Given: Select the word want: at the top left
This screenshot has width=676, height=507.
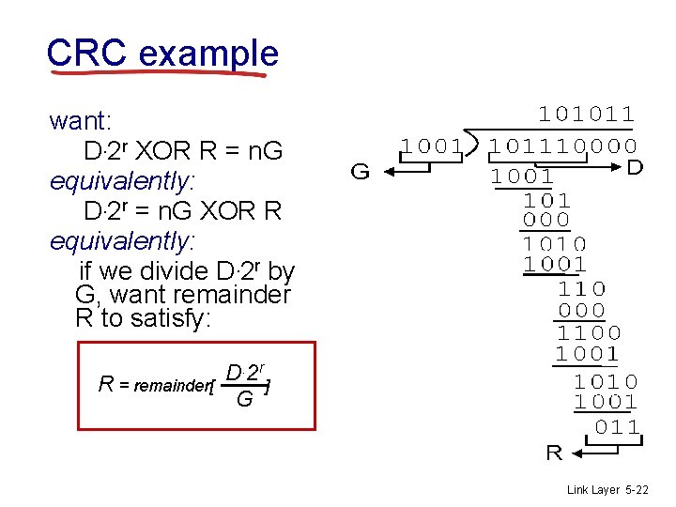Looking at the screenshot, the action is (x=81, y=121).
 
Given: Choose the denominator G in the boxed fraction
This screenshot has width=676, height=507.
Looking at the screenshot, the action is (x=244, y=400).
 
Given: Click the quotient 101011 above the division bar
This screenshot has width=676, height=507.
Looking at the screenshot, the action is (x=586, y=115).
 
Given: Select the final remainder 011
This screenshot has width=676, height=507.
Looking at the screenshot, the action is (x=619, y=428).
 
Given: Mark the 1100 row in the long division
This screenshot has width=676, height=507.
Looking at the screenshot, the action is (x=589, y=332).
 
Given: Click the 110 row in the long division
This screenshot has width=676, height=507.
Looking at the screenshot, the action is (x=581, y=288).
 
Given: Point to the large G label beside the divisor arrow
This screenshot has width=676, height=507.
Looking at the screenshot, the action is (x=359, y=172).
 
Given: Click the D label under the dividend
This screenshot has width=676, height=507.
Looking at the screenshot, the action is (x=635, y=167).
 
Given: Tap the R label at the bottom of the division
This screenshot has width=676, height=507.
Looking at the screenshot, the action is (x=554, y=453).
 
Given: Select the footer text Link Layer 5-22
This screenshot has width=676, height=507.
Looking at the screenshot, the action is (x=608, y=490).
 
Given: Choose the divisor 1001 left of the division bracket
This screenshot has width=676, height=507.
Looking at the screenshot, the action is (x=432, y=146).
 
